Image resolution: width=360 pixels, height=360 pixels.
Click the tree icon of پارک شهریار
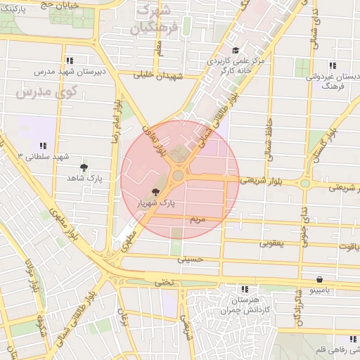pyautogui.click(x=155, y=191)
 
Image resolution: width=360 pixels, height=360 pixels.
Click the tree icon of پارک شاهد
pyautogui.click(x=84, y=167)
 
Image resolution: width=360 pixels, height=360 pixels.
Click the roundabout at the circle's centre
pyautogui.click(x=179, y=175)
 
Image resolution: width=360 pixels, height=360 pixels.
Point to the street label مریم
pyautogui.click(x=198, y=220)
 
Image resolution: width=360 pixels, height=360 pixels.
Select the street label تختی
pyautogui.click(x=164, y=282)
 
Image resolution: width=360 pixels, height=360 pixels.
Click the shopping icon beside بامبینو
pyautogui.click(x=320, y=279)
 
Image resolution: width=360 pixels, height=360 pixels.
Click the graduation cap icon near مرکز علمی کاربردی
pyautogui.click(x=236, y=51)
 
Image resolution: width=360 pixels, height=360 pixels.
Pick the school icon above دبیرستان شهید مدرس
pyautogui.click(x=69, y=60)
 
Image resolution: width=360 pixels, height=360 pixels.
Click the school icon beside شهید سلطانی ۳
pyautogui.click(x=44, y=146)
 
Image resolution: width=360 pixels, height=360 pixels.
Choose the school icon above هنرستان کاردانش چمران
pyautogui.click(x=244, y=289)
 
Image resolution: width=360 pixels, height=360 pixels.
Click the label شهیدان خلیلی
pyautogui.click(x=162, y=75)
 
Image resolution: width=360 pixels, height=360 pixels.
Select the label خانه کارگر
pyautogui.click(x=235, y=71)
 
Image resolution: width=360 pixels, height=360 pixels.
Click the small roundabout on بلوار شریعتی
pyautogui.click(x=305, y=184)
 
